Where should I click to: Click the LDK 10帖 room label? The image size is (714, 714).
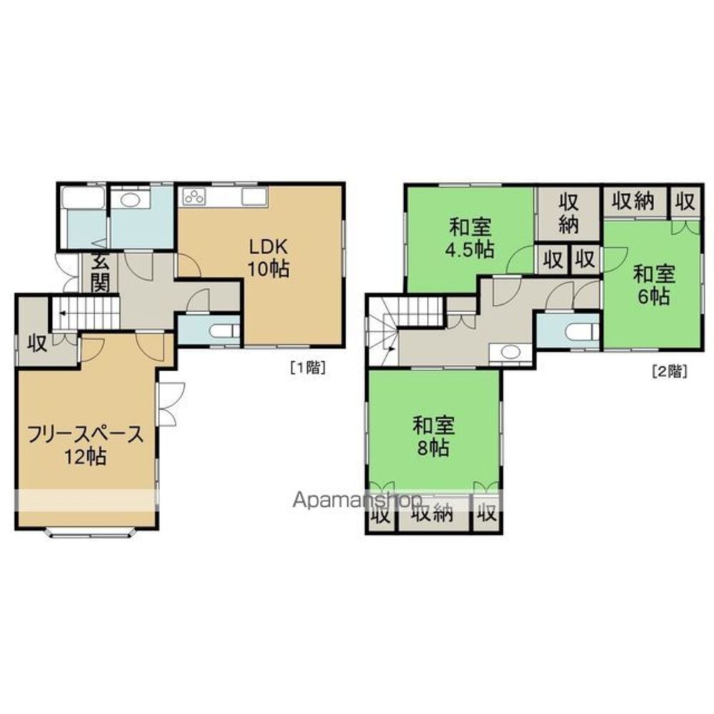pos(268,258)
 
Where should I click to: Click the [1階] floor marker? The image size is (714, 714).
pos(308,368)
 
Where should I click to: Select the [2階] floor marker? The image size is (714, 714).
pos(669,371)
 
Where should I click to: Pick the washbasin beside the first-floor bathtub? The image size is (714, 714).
pos(129,199)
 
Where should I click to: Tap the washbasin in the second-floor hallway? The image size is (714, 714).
pos(509,352)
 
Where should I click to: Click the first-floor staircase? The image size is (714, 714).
pos(84,314)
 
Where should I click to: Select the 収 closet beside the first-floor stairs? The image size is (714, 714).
pos(36,343)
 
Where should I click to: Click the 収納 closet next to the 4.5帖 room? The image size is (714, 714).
pos(568,212)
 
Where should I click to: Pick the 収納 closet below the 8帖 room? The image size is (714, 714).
pos(434,513)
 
